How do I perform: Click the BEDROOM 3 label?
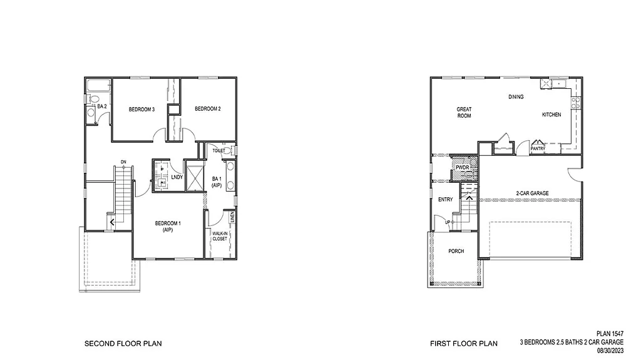141,110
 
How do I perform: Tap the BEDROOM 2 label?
207,109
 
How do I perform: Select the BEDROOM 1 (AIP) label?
168,227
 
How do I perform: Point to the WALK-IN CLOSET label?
220,235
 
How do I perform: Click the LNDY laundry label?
177,177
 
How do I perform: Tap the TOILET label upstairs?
218,151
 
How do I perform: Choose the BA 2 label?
101,107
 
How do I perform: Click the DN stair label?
123,162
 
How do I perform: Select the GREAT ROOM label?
464,113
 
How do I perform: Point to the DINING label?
516,97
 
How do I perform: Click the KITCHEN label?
551,115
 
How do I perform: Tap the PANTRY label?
538,148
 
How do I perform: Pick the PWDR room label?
463,168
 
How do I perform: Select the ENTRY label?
446,200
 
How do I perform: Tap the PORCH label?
456,251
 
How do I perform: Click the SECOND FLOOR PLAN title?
123,344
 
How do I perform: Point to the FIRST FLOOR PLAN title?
463,344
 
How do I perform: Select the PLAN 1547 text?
622,335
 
